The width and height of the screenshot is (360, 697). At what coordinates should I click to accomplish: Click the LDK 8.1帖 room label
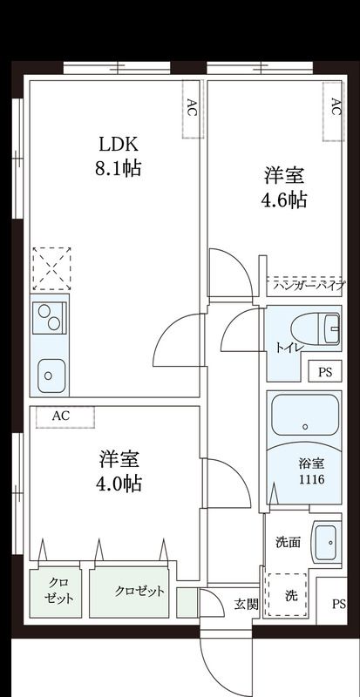117,155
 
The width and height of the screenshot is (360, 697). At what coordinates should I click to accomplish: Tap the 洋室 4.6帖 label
284,186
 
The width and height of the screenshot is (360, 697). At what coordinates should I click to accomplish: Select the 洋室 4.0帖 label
119,470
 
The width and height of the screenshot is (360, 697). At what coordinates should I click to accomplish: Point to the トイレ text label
289,348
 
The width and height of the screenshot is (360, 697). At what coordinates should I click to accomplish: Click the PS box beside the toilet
325,372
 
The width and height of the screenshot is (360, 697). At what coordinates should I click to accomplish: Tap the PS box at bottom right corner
338,605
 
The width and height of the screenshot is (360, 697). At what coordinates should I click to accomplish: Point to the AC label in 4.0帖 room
61,416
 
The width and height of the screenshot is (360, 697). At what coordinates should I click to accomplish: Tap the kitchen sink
51,376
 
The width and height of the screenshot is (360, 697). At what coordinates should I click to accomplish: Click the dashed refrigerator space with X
51,267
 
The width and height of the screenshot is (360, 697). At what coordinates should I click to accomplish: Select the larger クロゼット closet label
139,592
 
